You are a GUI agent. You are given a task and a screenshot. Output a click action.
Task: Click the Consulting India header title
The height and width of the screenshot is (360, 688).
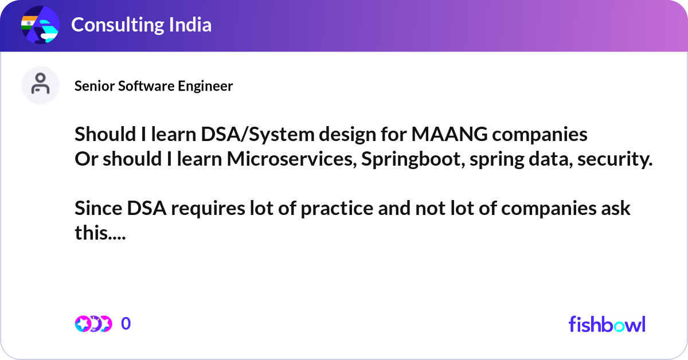[x=141, y=25]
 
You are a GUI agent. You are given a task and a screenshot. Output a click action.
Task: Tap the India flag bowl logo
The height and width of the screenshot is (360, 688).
[x=40, y=25]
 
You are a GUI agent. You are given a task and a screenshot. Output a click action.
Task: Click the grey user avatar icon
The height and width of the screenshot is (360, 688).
[x=40, y=85]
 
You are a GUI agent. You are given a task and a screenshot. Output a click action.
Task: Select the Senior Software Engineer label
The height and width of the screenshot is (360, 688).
[x=154, y=86]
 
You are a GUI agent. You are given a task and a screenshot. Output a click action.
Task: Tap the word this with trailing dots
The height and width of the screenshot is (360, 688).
[x=98, y=233]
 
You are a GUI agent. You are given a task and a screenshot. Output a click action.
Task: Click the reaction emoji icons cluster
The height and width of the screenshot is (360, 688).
[x=93, y=324]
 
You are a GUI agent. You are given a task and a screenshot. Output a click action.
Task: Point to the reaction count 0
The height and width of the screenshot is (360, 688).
[x=126, y=324]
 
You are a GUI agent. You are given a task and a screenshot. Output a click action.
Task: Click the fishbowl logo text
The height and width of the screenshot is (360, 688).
[x=607, y=324]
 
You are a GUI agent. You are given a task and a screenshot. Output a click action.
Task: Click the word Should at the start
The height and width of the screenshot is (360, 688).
[x=102, y=134]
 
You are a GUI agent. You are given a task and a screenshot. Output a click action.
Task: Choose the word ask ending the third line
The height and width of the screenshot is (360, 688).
[x=615, y=209]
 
